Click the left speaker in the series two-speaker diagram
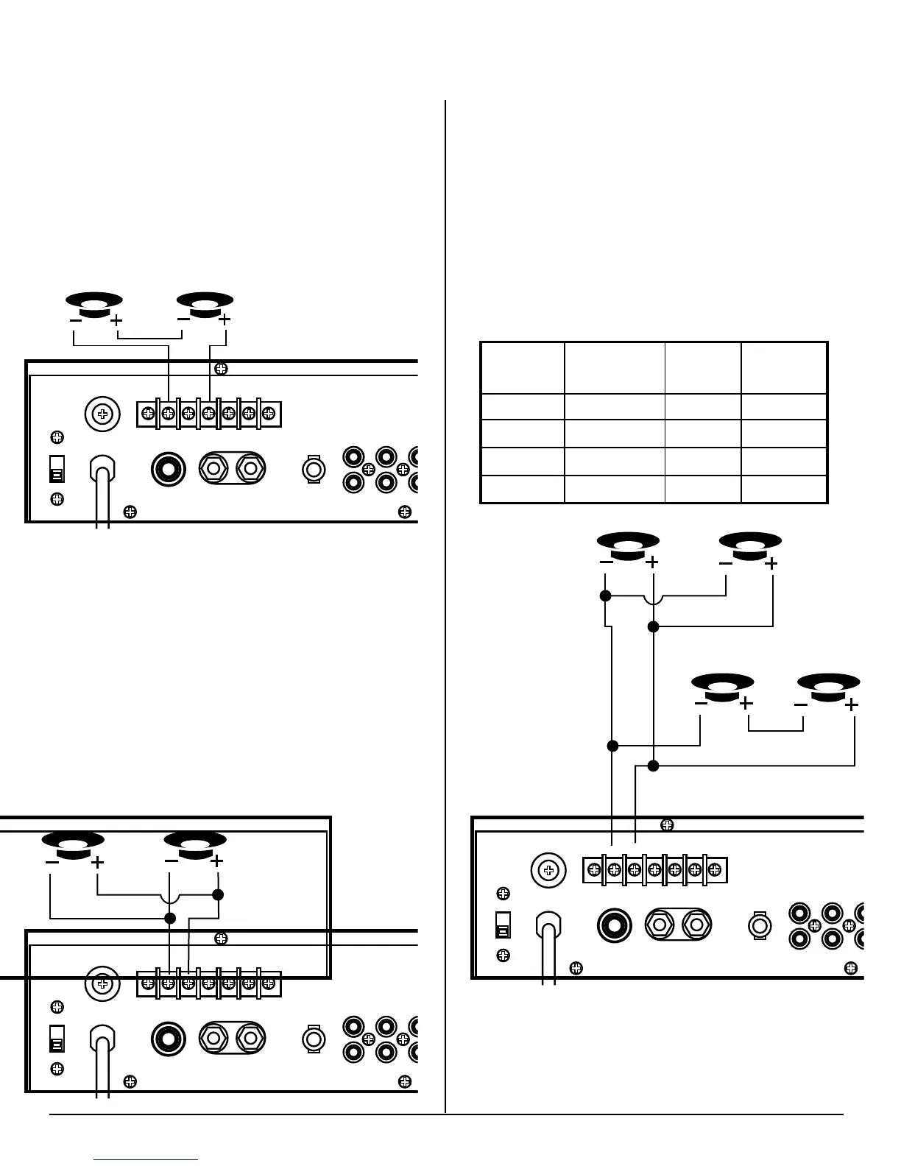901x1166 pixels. point(94,304)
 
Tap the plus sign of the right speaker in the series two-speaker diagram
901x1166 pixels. point(225,319)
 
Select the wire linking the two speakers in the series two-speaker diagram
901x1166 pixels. point(150,339)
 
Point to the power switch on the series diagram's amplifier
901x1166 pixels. point(56,469)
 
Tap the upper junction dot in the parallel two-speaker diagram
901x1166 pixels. point(218,895)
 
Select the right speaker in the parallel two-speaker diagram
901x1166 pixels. point(195,844)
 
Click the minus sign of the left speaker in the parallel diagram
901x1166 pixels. point(52,861)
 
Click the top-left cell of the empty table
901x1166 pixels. point(523,367)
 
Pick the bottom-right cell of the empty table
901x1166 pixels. point(784,490)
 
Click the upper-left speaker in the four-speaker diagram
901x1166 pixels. point(627,545)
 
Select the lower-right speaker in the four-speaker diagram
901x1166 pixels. point(828,686)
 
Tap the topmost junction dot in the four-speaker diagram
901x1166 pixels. point(605,596)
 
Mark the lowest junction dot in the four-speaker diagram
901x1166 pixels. point(653,766)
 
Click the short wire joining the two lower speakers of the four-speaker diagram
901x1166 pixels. point(775,729)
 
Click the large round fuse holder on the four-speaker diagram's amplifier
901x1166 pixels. point(548,871)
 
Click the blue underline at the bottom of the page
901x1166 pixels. point(146,1159)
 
